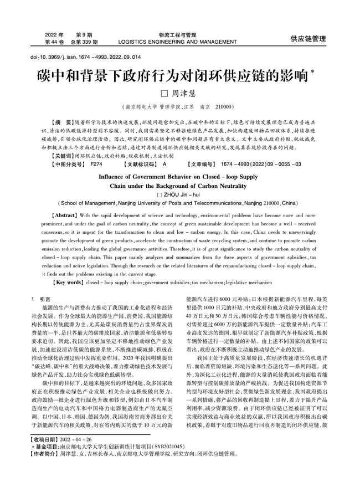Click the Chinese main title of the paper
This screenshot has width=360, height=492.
click(x=172, y=75)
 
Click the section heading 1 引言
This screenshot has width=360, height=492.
click(x=41, y=299)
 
